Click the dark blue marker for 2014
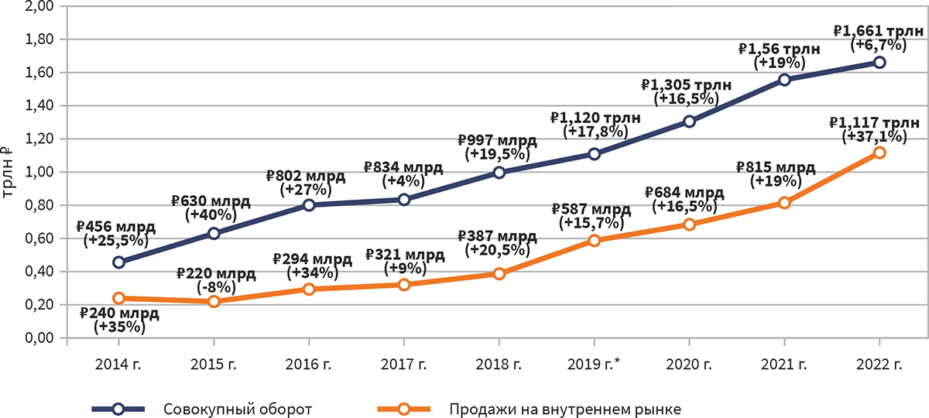(x=118, y=262)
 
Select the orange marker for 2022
(x=879, y=152)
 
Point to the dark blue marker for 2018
(x=499, y=173)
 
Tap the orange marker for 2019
(x=594, y=241)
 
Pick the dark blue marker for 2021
(x=784, y=80)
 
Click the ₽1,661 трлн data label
(x=878, y=31)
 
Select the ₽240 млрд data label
(x=119, y=314)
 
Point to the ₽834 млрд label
(x=403, y=168)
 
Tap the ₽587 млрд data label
(x=592, y=209)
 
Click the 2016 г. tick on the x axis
(x=308, y=364)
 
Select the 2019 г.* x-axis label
(x=595, y=364)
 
